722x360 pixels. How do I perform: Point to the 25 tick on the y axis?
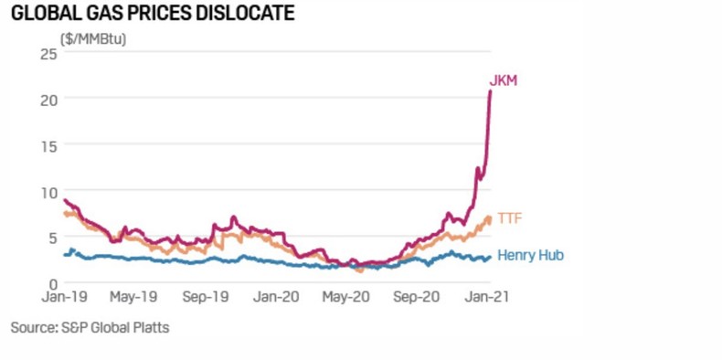click(48, 53)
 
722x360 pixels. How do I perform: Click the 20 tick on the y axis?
click(48, 99)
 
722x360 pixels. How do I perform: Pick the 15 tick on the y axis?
click(48, 145)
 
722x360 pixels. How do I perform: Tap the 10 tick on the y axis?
click(48, 192)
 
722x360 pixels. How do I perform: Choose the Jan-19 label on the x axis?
click(64, 298)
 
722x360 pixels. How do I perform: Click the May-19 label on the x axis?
click(134, 298)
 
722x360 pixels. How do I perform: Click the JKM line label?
click(504, 81)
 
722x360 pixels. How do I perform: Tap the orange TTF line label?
click(509, 217)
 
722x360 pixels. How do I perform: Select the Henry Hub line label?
click(530, 256)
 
